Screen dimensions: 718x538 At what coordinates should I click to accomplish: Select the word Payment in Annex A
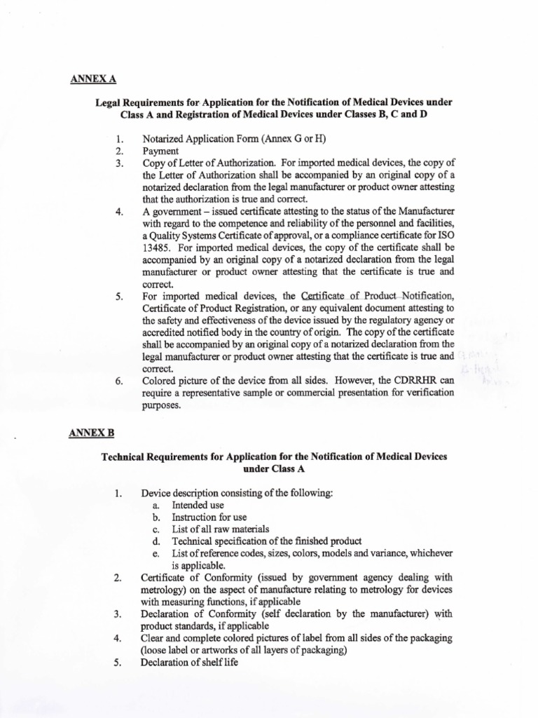point(160,151)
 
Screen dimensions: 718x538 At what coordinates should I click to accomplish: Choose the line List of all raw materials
point(221,529)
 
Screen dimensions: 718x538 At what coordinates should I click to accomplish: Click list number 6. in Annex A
point(120,381)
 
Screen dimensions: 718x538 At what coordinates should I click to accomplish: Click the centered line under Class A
point(274,468)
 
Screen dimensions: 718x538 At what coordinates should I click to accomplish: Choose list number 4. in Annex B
point(119,638)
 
